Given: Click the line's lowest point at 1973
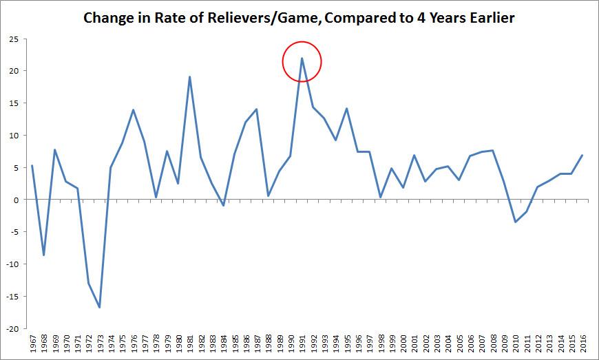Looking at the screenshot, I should (x=100, y=307).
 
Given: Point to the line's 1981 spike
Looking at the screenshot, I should (x=189, y=77).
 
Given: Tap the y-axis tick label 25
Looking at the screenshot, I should (x=12, y=39).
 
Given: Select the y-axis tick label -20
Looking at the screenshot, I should (x=10, y=329).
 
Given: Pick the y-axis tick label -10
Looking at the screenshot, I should (x=10, y=264).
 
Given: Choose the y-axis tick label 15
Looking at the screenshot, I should (x=12, y=103).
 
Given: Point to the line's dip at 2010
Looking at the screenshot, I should (x=515, y=222).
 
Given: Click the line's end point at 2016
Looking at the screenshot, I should (x=582, y=155).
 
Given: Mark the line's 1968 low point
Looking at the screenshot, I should (x=43, y=255).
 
